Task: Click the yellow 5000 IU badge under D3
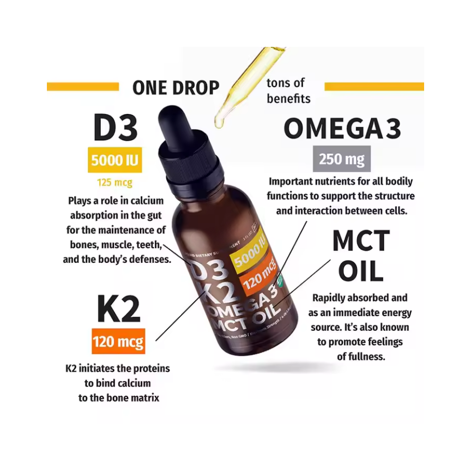pyautogui.click(x=114, y=160)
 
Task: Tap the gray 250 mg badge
pyautogui.click(x=342, y=159)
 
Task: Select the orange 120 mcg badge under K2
pyautogui.click(x=118, y=342)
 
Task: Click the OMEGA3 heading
pyautogui.click(x=342, y=129)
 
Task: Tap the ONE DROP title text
pyautogui.click(x=176, y=88)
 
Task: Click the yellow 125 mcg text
pyautogui.click(x=114, y=182)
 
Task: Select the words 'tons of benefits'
pyautogui.click(x=288, y=91)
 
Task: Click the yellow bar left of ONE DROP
pyautogui.click(x=83, y=87)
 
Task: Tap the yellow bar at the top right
pyautogui.click(x=374, y=87)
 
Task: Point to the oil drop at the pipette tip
pyautogui.click(x=219, y=122)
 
